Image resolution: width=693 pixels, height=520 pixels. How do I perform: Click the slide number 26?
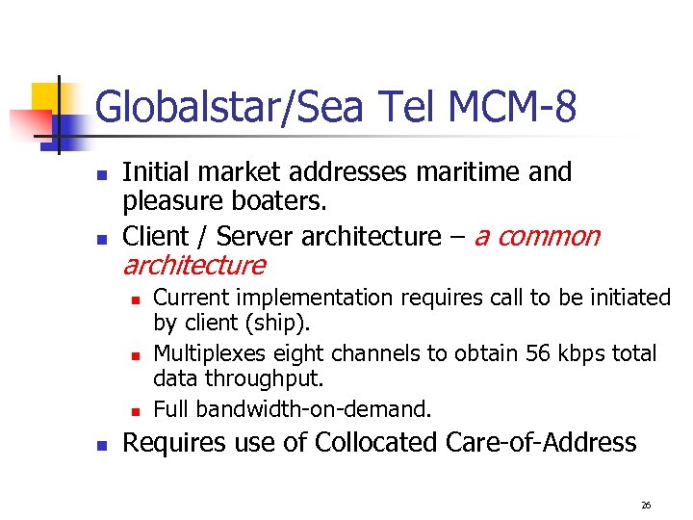(646, 505)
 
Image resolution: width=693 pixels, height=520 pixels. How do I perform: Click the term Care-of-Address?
(542, 443)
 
